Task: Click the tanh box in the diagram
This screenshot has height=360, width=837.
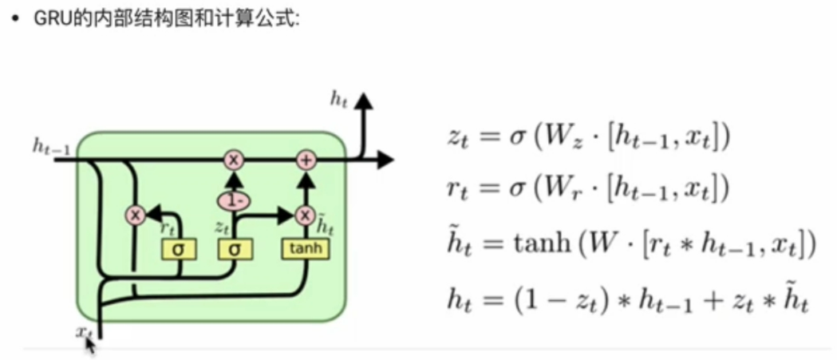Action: pyautogui.click(x=306, y=249)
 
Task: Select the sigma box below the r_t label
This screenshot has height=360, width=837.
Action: pyautogui.click(x=178, y=250)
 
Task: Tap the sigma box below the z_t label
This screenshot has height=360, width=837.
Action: pyautogui.click(x=235, y=250)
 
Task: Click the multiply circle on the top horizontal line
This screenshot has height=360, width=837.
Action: pyautogui.click(x=235, y=160)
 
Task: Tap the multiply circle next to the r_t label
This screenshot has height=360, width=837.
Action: pyautogui.click(x=135, y=215)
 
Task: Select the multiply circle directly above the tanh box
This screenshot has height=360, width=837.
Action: pyautogui.click(x=305, y=215)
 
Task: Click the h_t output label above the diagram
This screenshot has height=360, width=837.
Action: pyautogui.click(x=339, y=98)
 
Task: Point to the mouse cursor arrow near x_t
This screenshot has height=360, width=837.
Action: pyautogui.click(x=90, y=345)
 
